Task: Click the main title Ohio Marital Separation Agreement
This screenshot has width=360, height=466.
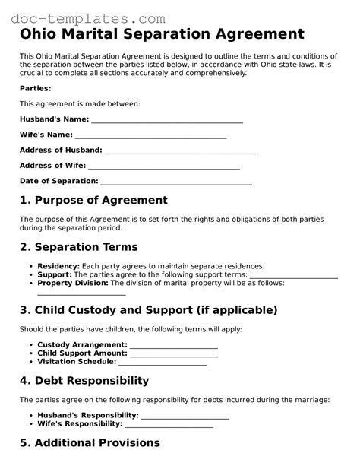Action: click(162, 35)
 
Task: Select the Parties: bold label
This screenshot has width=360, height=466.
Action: click(35, 88)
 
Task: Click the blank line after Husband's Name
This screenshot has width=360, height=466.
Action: click(166, 119)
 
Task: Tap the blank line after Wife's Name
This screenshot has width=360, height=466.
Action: click(150, 135)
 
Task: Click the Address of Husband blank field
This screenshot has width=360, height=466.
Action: click(179, 151)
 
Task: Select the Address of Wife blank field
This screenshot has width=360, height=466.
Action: click(163, 166)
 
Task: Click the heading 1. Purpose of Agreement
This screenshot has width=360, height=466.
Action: click(93, 201)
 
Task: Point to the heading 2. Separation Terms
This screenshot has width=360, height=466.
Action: click(78, 247)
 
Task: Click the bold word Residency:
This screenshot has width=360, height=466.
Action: click(58, 266)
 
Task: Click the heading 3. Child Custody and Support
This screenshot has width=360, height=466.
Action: click(148, 310)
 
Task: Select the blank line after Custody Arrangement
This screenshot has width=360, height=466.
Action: click(173, 344)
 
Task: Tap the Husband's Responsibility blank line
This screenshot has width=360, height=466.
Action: click(185, 415)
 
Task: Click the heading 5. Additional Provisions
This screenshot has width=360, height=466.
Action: click(90, 442)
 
